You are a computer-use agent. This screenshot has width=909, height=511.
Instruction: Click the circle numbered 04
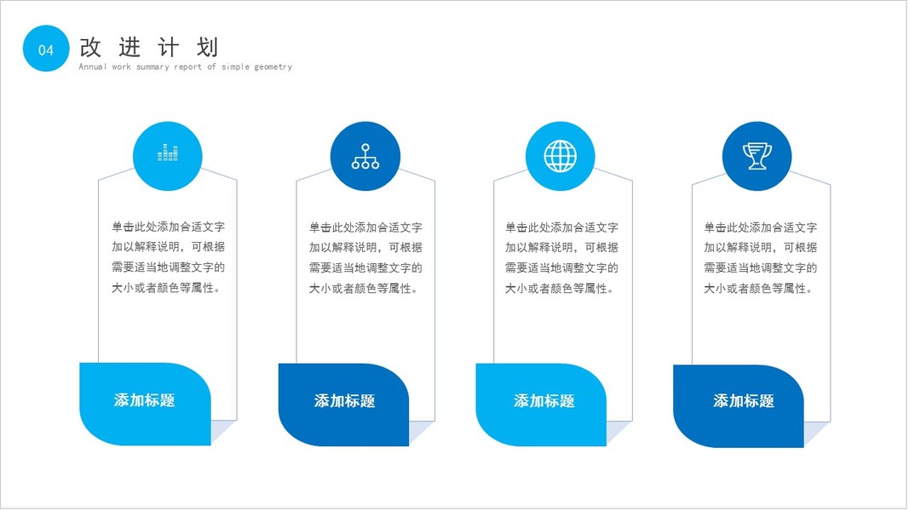(46, 49)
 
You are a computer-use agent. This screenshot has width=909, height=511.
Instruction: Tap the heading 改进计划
(149, 47)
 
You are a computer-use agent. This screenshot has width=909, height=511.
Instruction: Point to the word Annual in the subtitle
(93, 67)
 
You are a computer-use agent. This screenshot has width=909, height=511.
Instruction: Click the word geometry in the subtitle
(272, 67)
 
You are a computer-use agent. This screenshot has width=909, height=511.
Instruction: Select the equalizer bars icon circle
(168, 155)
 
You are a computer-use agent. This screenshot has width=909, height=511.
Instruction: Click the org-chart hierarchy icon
(365, 155)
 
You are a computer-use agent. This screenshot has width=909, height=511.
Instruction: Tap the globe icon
(560, 155)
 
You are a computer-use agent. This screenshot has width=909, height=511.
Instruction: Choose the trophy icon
(757, 155)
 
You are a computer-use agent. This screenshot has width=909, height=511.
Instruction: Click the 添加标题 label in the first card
(145, 400)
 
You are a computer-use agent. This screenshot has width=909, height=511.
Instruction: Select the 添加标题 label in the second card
(344, 401)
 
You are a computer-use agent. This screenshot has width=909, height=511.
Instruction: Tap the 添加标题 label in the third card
(544, 401)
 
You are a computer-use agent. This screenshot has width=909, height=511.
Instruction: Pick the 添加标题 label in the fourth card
(743, 401)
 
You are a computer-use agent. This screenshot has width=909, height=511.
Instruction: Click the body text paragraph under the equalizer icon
(168, 258)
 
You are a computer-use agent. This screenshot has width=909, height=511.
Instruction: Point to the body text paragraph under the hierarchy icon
(365, 258)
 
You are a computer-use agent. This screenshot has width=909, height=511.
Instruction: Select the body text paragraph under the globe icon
(561, 258)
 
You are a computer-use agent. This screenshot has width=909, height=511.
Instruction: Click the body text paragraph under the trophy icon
(760, 258)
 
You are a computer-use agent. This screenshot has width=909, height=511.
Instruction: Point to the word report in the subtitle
(188, 67)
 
